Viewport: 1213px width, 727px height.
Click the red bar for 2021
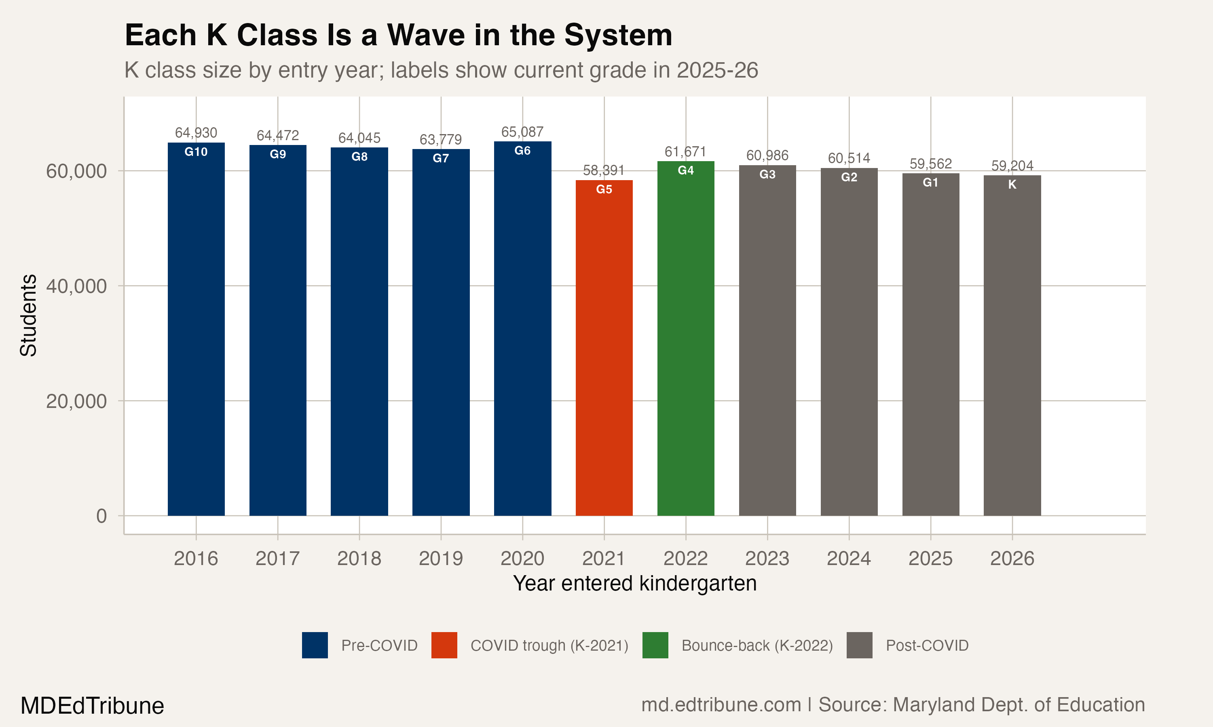[604, 348]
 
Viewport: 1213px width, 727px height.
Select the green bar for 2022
[685, 338]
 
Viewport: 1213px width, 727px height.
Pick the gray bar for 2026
[1012, 345]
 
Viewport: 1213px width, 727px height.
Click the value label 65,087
[522, 132]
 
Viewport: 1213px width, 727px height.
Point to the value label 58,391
[604, 170]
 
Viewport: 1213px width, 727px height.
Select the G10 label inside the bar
[196, 152]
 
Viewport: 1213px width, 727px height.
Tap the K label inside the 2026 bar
[1012, 185]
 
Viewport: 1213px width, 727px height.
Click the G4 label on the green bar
[685, 170]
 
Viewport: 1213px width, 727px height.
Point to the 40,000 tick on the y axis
[76, 286]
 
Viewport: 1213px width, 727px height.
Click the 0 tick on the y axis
[101, 516]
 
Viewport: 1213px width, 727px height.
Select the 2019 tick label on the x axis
[441, 559]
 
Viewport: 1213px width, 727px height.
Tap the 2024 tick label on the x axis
[849, 559]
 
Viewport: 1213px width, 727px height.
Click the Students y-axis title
[28, 315]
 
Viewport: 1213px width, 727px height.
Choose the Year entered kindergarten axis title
[634, 584]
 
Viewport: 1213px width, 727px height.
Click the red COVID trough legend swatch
[444, 645]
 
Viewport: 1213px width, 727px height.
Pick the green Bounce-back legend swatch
[655, 645]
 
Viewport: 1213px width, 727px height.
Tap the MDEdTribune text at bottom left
[92, 706]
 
